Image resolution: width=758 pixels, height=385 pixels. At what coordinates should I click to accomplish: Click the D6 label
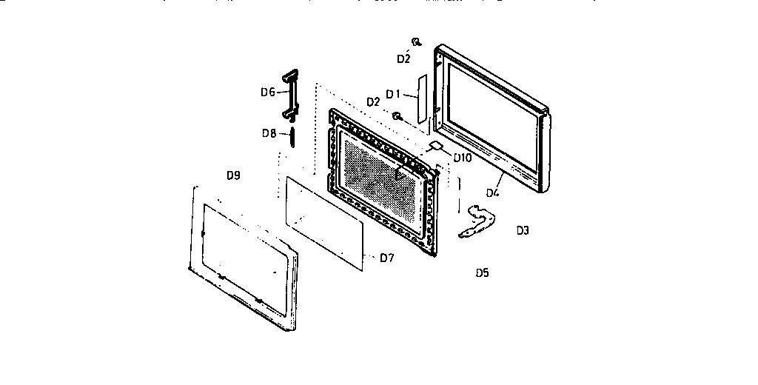click(267, 93)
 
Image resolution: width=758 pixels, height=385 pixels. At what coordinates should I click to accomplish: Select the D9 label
click(233, 176)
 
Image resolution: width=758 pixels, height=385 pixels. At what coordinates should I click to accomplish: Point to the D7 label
click(386, 258)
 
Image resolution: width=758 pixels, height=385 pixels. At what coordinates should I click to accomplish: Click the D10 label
click(463, 158)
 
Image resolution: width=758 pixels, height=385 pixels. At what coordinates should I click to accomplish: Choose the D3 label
click(523, 230)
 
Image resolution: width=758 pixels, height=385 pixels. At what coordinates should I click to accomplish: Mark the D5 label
click(482, 272)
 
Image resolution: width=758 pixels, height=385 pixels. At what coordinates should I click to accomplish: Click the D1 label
click(392, 94)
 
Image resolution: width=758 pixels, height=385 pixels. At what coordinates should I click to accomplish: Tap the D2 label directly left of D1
click(374, 101)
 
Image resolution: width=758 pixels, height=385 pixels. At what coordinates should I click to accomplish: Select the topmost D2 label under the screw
click(403, 58)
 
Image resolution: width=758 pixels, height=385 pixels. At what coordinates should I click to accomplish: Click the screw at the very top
click(417, 42)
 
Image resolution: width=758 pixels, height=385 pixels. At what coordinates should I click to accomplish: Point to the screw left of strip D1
click(398, 116)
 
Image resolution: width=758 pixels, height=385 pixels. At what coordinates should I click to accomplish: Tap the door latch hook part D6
click(289, 94)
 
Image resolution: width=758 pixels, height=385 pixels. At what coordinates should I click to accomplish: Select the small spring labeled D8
click(292, 136)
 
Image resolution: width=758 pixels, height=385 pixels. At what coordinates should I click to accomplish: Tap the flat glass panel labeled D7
click(326, 220)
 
